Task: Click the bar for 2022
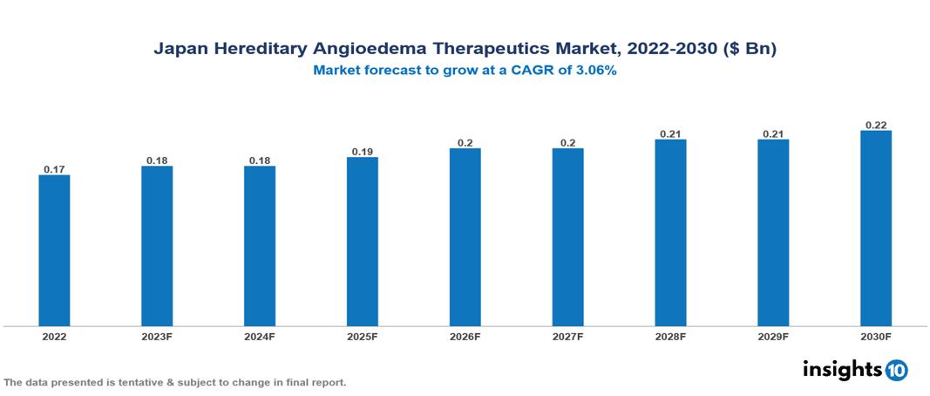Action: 54,250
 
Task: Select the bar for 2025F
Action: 362,242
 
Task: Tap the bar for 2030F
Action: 875,229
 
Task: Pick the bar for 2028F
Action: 670,233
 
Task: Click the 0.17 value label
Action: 54,168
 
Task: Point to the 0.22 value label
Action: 875,125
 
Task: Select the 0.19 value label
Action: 362,151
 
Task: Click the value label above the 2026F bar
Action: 465,142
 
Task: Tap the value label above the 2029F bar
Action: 772,133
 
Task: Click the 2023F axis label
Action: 157,336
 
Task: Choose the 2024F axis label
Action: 259,336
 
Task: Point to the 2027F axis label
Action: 567,336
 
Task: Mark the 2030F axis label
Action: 875,336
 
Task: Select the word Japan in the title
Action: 179,50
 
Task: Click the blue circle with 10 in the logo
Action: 896,370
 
